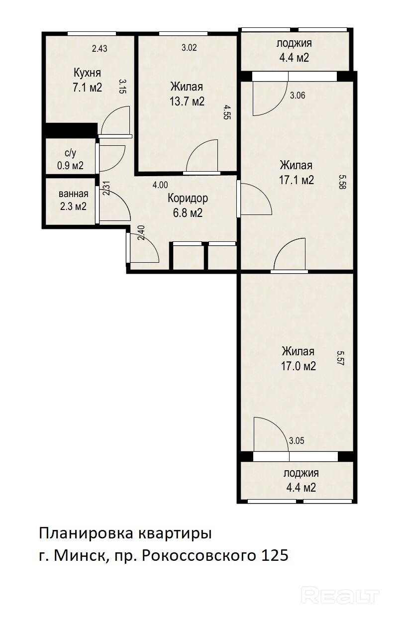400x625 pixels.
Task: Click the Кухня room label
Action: [x=87, y=73]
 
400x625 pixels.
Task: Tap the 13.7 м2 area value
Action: [x=187, y=101]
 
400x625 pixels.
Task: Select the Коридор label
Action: [x=188, y=199]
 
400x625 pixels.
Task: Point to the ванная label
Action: [x=73, y=194]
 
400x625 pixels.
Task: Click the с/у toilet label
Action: [x=70, y=153]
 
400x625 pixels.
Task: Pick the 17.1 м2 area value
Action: [x=297, y=180]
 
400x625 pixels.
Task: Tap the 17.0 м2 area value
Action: [x=298, y=366]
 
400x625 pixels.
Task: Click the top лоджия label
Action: [x=294, y=43]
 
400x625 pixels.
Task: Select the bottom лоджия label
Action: [x=301, y=473]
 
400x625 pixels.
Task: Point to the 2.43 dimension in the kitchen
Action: [x=100, y=49]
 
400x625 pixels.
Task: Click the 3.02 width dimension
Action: [x=189, y=47]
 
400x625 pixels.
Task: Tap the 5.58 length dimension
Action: [x=342, y=182]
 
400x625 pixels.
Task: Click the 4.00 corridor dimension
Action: [x=160, y=185]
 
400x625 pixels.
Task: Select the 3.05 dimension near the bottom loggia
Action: [x=297, y=441]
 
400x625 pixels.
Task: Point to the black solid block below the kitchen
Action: [x=72, y=130]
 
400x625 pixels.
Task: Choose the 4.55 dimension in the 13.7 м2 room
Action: [x=227, y=112]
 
